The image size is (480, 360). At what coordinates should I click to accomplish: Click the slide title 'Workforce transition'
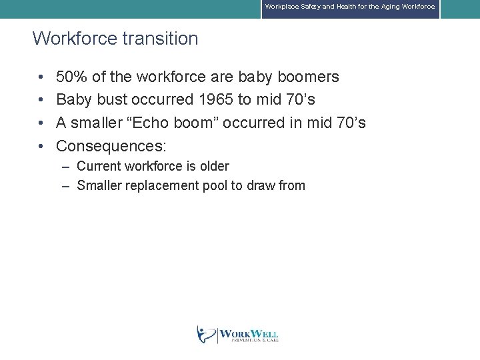[x=115, y=39]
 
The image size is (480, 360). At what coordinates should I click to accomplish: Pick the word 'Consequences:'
[x=111, y=146]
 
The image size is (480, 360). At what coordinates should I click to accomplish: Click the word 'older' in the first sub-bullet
[x=214, y=166]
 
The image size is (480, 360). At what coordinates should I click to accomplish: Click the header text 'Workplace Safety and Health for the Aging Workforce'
[x=349, y=7]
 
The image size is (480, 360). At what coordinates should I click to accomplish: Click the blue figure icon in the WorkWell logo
[x=206, y=333]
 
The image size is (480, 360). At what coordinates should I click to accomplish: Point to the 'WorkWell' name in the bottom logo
[x=249, y=333]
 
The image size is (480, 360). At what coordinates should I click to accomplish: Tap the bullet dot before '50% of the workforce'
[x=41, y=78]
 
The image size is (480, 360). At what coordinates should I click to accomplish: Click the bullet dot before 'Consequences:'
[x=41, y=147]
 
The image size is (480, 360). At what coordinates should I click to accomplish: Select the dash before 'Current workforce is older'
[x=66, y=167]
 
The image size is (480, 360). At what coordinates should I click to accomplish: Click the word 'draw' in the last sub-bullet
[x=261, y=186]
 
